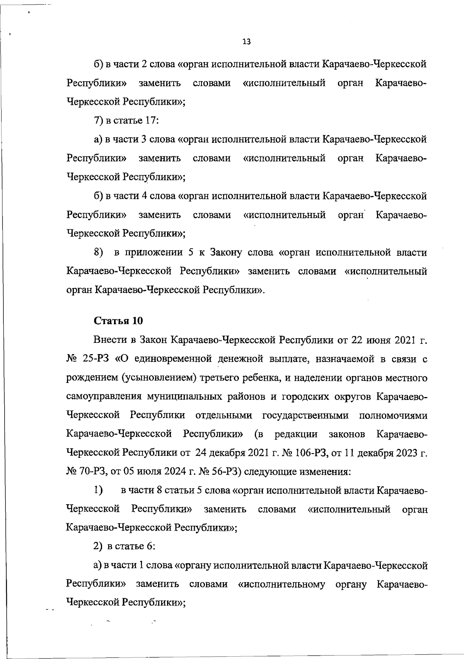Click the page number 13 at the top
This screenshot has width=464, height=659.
tap(246, 42)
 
